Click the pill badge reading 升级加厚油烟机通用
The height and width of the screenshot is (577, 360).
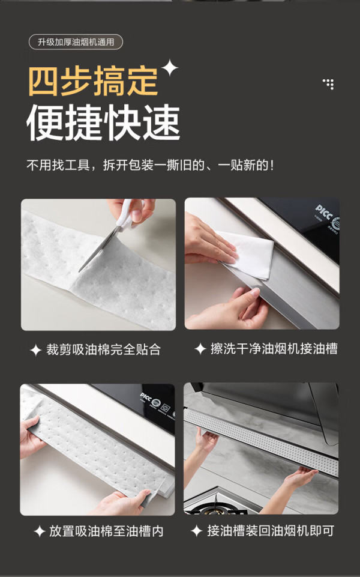76,42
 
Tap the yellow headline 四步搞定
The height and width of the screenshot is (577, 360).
94,81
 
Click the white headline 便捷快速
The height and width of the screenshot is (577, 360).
103,122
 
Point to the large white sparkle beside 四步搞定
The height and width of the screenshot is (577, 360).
170,68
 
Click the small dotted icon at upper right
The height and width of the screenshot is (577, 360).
328,84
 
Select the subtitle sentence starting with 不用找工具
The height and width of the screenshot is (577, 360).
150,165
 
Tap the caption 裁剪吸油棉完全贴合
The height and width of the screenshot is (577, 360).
103,349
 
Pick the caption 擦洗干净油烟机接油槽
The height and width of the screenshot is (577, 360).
274,348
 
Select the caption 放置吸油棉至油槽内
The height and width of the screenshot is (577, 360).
106,531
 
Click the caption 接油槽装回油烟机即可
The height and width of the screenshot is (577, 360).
271,531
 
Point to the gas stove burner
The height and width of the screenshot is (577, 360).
215,508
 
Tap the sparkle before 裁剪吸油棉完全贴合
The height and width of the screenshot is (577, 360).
35,350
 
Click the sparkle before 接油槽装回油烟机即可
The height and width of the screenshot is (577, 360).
196,531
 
